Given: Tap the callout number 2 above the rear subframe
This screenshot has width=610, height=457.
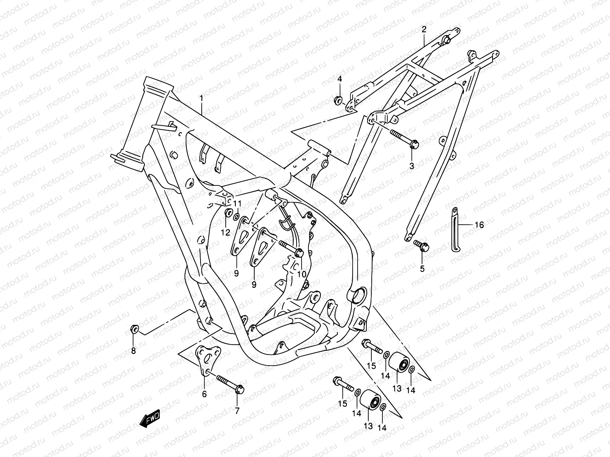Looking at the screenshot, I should (424, 29).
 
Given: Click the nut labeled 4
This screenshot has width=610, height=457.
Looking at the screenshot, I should (338, 101).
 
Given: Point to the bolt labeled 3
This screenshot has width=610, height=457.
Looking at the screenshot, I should (404, 138).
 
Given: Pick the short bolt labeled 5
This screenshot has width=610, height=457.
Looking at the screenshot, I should (421, 245).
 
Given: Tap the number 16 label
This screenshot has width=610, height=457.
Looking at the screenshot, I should (479, 225).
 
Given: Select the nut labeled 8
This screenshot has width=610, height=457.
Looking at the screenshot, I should (133, 329).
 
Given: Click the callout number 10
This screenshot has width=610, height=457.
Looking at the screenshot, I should (302, 274).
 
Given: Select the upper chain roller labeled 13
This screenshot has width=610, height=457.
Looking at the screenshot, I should (398, 363).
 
